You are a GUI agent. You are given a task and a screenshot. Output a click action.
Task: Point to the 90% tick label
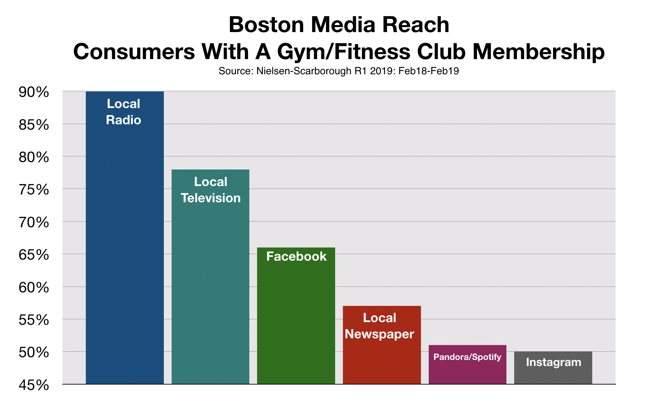point(34,92)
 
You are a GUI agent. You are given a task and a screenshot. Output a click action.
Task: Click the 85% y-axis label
point(34,125)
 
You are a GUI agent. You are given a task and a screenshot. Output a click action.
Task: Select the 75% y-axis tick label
point(34,190)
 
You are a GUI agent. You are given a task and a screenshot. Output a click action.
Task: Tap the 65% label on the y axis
point(34,255)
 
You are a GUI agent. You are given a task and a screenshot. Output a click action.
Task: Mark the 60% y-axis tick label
point(34,288)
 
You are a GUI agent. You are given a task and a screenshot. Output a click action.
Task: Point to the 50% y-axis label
point(34,353)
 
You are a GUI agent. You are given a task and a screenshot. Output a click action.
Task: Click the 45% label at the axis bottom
point(34,385)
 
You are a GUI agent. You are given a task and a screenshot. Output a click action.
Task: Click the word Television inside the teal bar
point(210,198)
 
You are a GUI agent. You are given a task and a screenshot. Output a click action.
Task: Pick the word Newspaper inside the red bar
point(379,334)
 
